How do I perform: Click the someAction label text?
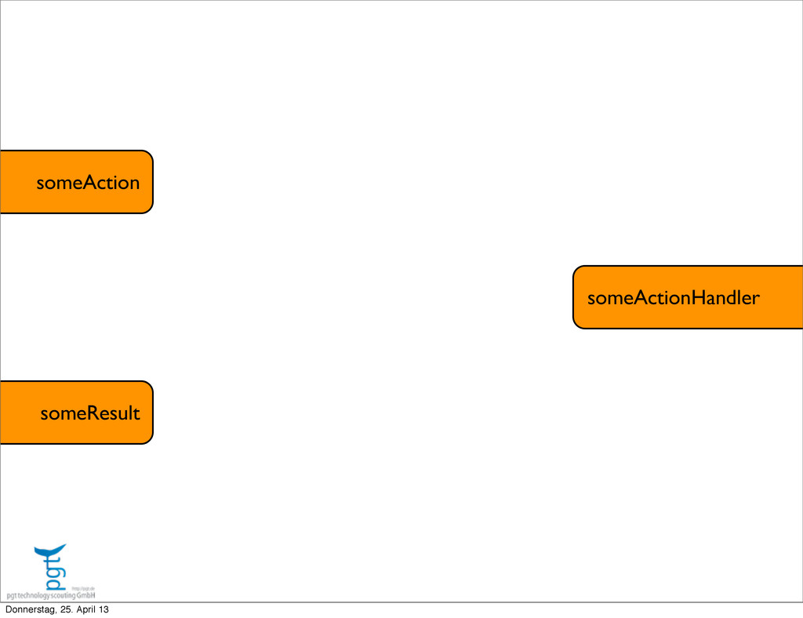click(x=88, y=183)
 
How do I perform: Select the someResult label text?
click(x=90, y=413)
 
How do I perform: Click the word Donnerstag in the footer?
click(x=27, y=610)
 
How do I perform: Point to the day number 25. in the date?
click(x=63, y=610)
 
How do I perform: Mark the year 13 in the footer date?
click(x=104, y=610)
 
